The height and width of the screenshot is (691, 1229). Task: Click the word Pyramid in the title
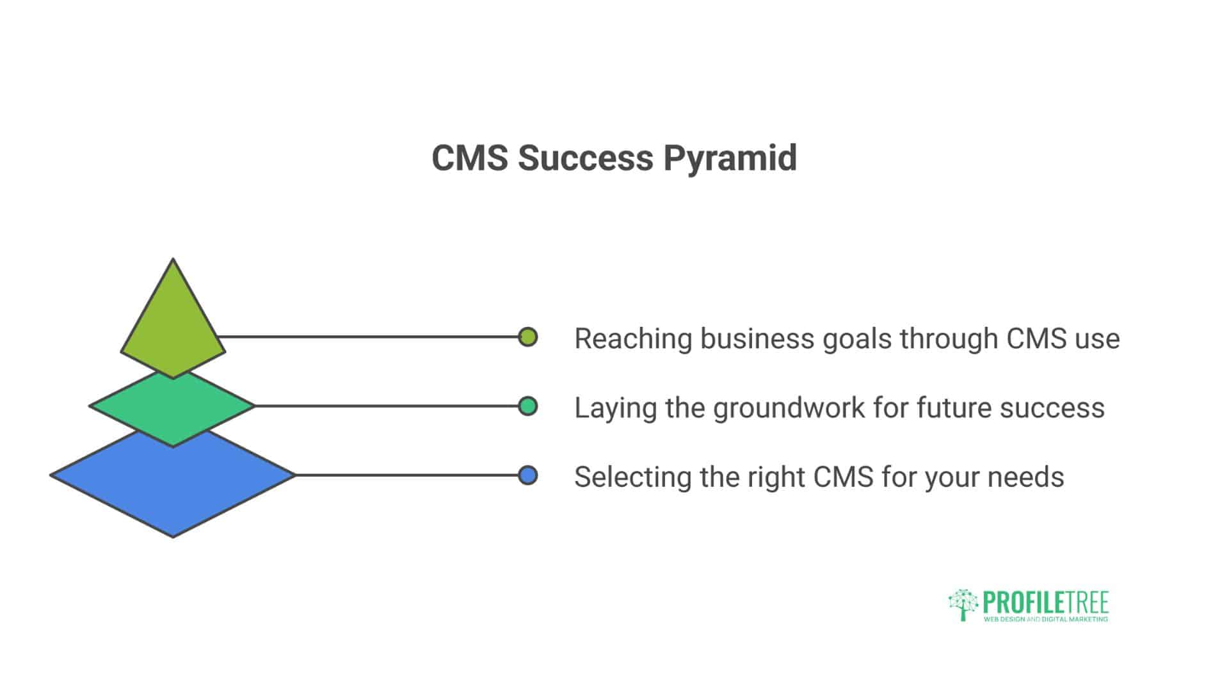(x=730, y=158)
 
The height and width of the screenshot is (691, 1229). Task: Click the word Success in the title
(x=585, y=158)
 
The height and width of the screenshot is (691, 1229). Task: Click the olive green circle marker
(x=527, y=337)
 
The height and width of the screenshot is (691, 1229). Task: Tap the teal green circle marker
(x=527, y=406)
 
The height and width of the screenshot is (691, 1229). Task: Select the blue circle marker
(x=527, y=475)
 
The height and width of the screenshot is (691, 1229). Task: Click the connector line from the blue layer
(x=406, y=475)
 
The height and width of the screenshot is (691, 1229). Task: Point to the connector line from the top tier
(x=368, y=337)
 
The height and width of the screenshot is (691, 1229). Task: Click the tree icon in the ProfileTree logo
(x=963, y=605)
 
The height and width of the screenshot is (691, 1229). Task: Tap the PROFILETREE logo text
(x=1045, y=603)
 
